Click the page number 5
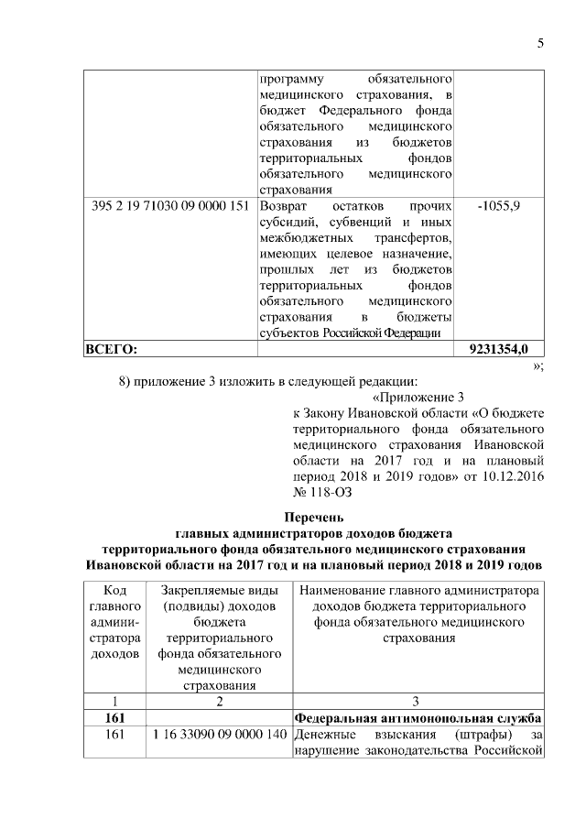540,43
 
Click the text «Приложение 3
419,398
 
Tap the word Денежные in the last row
324,735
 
